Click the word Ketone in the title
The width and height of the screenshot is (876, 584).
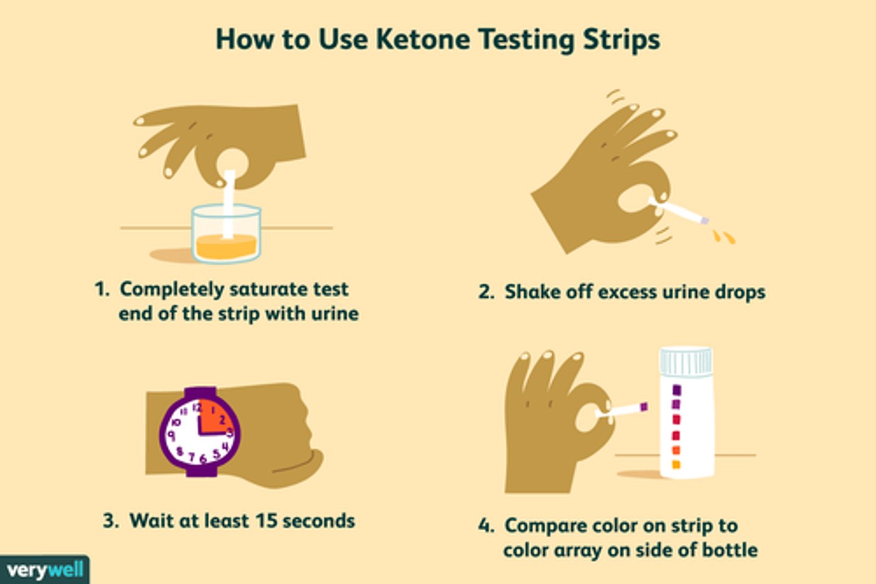point(423,40)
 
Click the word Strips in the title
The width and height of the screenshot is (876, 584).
point(621,40)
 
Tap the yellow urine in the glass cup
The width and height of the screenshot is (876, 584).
point(226,247)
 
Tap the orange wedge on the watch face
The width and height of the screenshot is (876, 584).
point(213,417)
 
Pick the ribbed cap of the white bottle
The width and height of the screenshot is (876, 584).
point(686,361)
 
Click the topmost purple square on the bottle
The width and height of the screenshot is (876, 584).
point(676,390)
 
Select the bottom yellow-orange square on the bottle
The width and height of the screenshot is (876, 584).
point(676,465)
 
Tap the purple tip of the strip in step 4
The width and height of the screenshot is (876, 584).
point(644,406)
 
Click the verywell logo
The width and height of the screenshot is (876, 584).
point(44,570)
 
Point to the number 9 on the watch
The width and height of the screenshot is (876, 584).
point(172,435)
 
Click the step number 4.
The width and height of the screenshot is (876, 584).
point(485,526)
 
